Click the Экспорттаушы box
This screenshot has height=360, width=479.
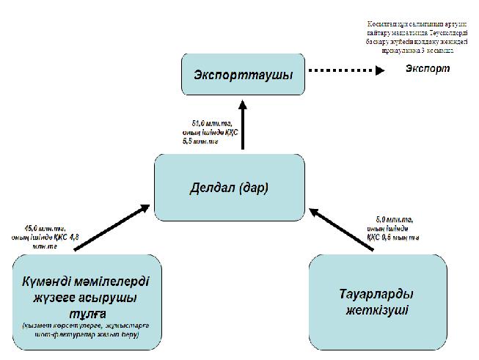[x=243, y=75]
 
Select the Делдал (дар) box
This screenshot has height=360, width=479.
[x=229, y=187]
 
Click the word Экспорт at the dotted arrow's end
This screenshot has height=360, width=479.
[x=427, y=70]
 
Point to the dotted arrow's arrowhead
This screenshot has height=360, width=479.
[x=379, y=71]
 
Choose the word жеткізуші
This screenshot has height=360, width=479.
[x=377, y=309]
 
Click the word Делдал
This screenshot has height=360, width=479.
[x=213, y=187]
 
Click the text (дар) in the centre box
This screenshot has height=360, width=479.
[x=255, y=187]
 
